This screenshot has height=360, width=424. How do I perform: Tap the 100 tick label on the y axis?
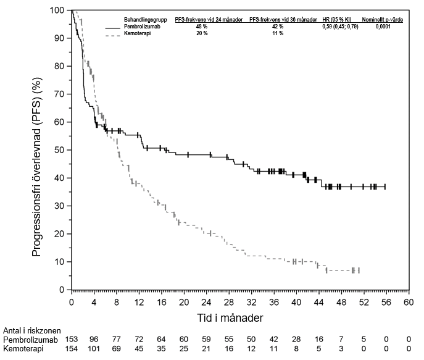pyautogui.click(x=59, y=10)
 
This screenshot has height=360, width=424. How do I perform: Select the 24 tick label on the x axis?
pyautogui.click(x=206, y=303)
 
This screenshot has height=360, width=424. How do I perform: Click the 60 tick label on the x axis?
pyautogui.click(x=408, y=303)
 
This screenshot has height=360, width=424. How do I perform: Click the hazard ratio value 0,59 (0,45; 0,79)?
pyautogui.click(x=339, y=27)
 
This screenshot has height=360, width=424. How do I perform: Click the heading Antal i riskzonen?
pyautogui.click(x=31, y=331)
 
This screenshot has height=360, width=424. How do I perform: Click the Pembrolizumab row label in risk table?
pyautogui.click(x=31, y=340)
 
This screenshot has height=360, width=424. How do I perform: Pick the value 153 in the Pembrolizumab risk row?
pyautogui.click(x=72, y=340)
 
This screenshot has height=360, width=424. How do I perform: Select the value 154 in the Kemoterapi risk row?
pyautogui.click(x=72, y=350)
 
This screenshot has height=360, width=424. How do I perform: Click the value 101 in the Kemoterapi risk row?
pyautogui.click(x=94, y=350)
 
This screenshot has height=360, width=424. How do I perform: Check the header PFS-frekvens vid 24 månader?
pyautogui.click(x=209, y=20)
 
